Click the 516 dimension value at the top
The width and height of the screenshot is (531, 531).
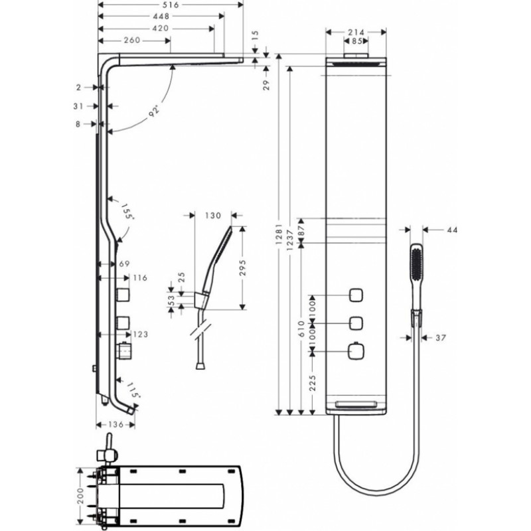pyautogui.click(x=171, y=5)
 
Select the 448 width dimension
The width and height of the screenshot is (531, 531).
pyautogui.click(x=159, y=16)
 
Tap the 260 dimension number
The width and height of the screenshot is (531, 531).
pyautogui.click(x=132, y=40)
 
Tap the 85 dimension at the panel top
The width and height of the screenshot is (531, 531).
pyautogui.click(x=358, y=41)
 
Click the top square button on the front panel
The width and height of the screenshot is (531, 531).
pyautogui.click(x=357, y=294)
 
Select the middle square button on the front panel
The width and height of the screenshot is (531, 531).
pyautogui.click(x=357, y=323)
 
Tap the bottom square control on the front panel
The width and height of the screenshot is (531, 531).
pyautogui.click(x=357, y=349)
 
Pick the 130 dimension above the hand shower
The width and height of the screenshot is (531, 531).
pyautogui.click(x=212, y=215)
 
